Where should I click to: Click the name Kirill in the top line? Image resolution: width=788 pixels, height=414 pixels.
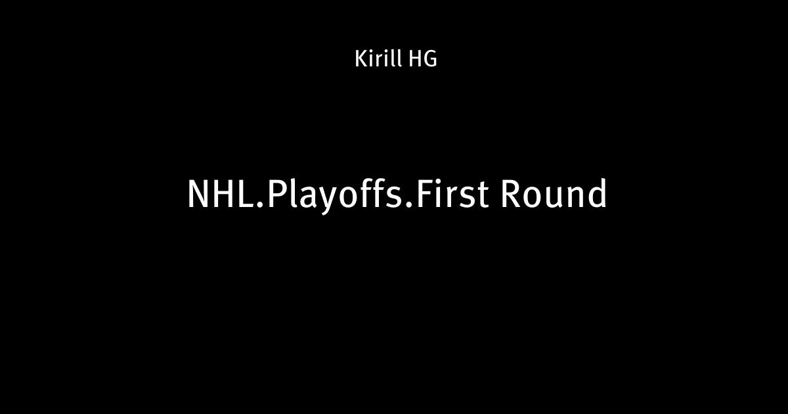click(378, 58)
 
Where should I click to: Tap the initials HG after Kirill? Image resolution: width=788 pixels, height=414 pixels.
click(423, 59)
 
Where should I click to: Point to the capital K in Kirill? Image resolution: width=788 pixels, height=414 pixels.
click(361, 59)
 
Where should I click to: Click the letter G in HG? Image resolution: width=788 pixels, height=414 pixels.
click(430, 59)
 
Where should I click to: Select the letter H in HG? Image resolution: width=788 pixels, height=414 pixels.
click(414, 59)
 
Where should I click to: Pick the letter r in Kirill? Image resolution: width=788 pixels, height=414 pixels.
click(380, 61)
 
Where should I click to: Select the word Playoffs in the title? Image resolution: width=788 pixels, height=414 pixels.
click(334, 196)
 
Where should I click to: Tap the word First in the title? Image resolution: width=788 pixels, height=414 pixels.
click(452, 193)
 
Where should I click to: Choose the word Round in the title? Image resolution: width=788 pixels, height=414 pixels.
click(554, 193)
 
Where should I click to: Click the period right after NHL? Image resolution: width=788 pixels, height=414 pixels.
click(260, 204)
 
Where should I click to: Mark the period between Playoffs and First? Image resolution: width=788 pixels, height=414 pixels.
click(408, 204)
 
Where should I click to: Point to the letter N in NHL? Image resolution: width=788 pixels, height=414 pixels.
click(198, 195)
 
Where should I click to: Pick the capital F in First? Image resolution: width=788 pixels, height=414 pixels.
click(424, 195)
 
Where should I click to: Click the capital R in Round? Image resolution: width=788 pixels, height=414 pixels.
click(511, 195)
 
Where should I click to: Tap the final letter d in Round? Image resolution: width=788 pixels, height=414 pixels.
click(597, 193)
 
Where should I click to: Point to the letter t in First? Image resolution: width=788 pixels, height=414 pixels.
click(481, 196)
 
